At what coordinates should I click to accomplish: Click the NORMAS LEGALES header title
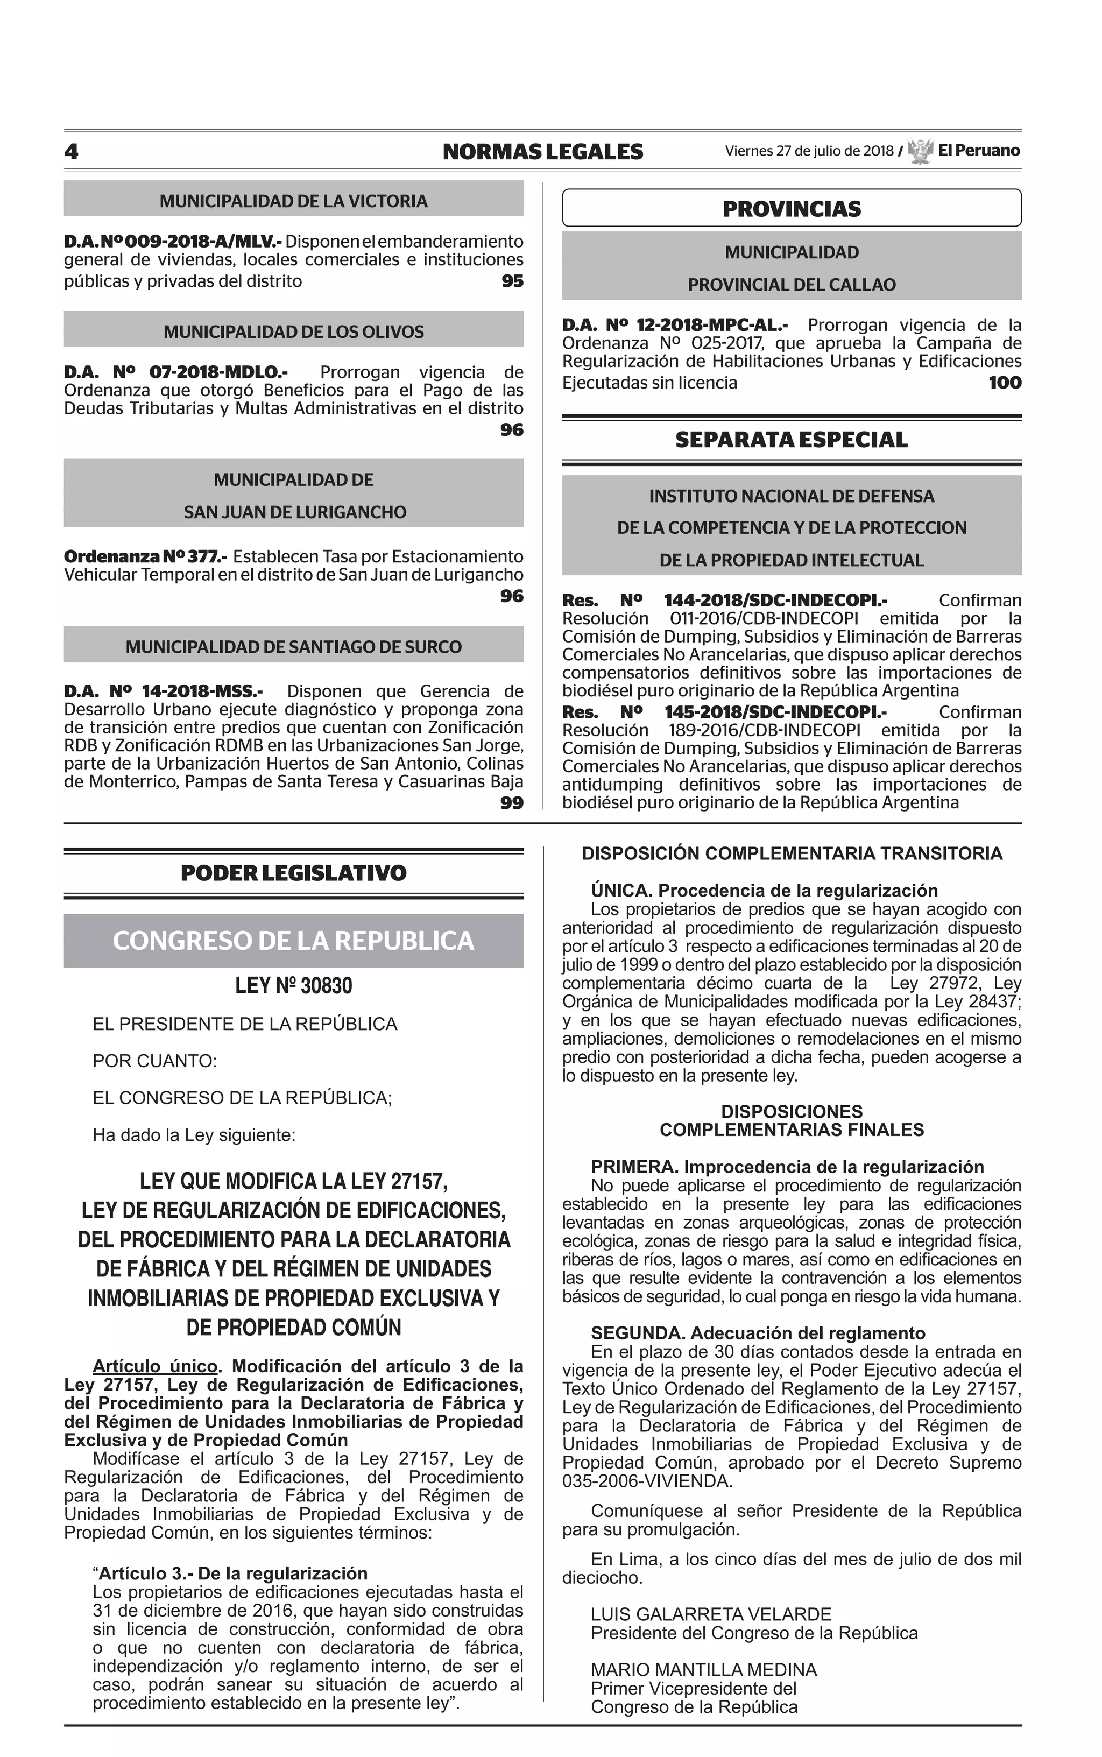[542, 152]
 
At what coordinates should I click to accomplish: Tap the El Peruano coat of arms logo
[921, 151]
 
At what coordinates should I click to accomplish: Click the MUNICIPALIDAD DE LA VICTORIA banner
[293, 201]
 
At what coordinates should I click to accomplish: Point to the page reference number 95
[512, 281]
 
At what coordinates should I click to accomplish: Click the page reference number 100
[1004, 383]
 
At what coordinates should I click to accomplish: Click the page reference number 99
[512, 803]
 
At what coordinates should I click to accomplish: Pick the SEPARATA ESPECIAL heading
[792, 440]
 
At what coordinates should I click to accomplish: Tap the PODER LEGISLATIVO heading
[293, 873]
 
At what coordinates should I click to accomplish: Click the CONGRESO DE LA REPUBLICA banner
[293, 941]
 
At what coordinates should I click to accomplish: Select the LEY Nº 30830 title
[293, 986]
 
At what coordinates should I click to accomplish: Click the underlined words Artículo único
[156, 1366]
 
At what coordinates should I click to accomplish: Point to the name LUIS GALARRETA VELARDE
[711, 1614]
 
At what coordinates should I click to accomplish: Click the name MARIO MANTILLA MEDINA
[703, 1669]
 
